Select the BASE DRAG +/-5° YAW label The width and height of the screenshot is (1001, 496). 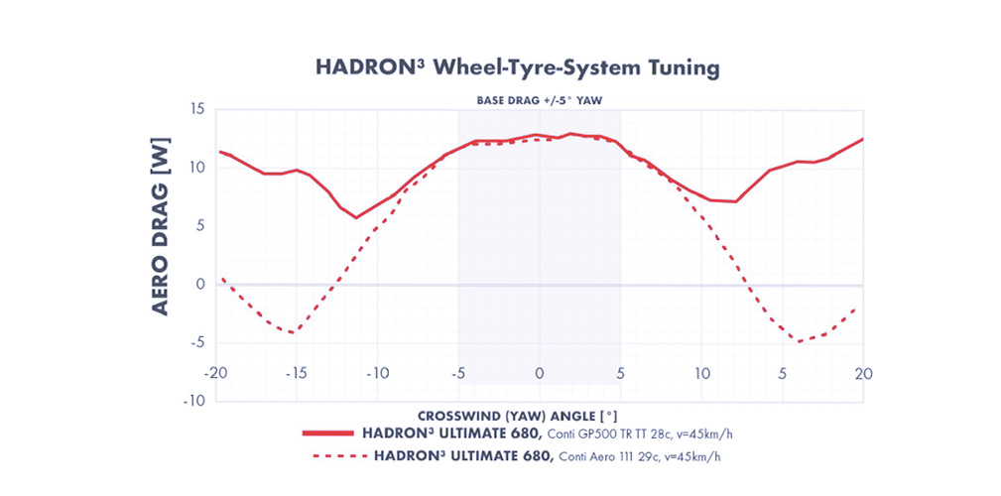539,101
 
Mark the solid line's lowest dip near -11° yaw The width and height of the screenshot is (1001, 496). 356,217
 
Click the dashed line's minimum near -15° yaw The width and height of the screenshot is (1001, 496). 293,332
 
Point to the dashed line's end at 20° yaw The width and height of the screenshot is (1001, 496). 854,310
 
